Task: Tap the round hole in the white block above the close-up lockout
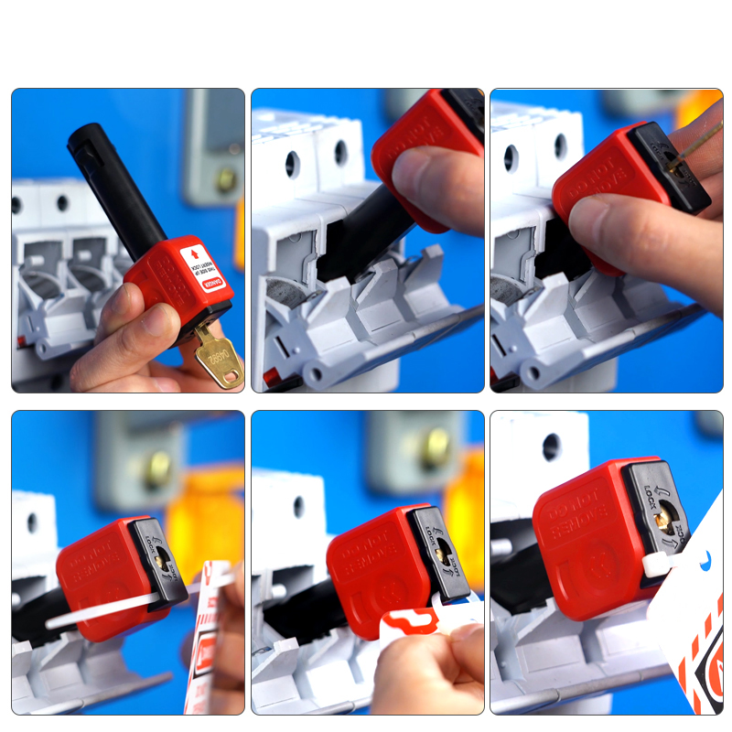click(x=551, y=447)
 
